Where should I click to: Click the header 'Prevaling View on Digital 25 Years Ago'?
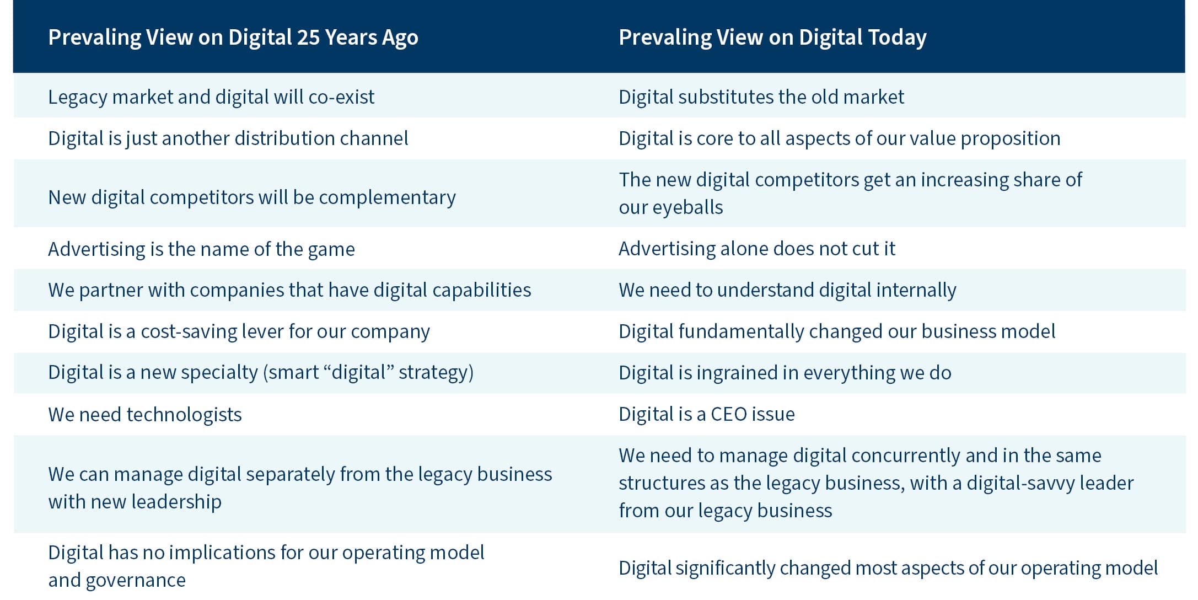(233, 37)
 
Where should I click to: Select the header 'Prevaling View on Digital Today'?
(772, 37)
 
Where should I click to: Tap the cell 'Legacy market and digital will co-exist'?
(211, 97)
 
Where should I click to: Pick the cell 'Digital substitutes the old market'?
(761, 97)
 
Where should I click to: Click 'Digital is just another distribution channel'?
(228, 138)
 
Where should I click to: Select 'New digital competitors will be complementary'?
(252, 197)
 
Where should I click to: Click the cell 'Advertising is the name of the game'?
(202, 249)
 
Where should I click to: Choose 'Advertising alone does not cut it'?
(757, 249)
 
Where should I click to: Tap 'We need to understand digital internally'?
(787, 290)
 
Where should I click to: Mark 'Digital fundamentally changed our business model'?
(837, 331)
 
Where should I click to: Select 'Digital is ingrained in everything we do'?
(785, 373)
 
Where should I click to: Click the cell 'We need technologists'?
(145, 415)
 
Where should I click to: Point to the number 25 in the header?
(308, 37)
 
